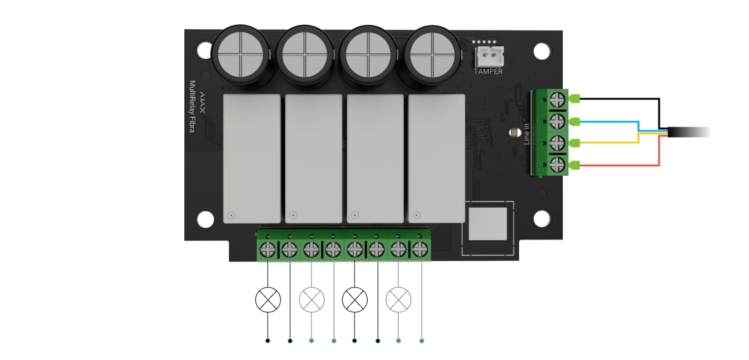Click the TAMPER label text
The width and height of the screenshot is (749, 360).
click(x=488, y=71)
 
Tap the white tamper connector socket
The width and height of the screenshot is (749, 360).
click(x=488, y=57)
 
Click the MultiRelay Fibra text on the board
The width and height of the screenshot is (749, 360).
click(x=192, y=106)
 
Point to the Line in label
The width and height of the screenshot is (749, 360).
click(x=527, y=134)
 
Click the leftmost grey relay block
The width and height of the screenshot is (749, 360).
click(x=252, y=159)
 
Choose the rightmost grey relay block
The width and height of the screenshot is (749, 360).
click(x=437, y=159)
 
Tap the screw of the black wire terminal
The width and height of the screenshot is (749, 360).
click(x=557, y=100)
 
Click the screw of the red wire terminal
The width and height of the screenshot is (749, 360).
click(x=557, y=165)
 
